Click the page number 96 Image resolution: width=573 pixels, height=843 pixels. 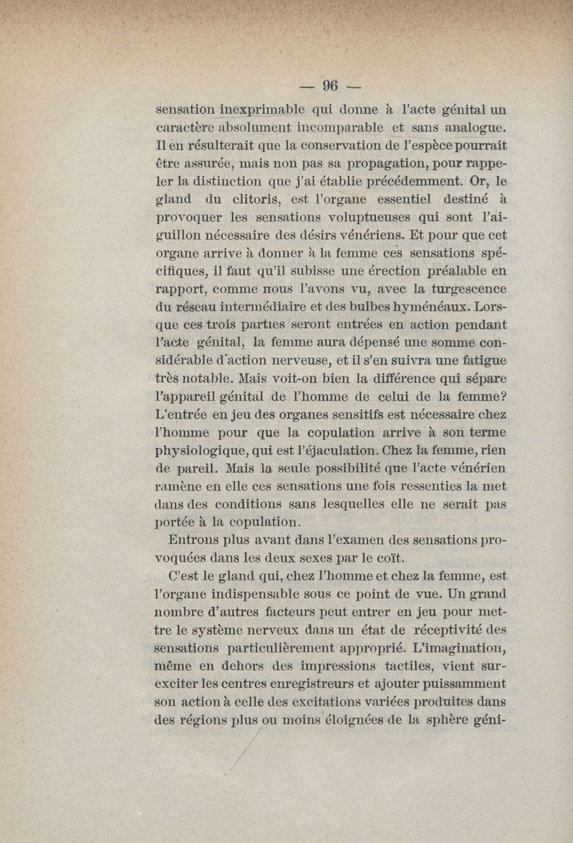[329, 86]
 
